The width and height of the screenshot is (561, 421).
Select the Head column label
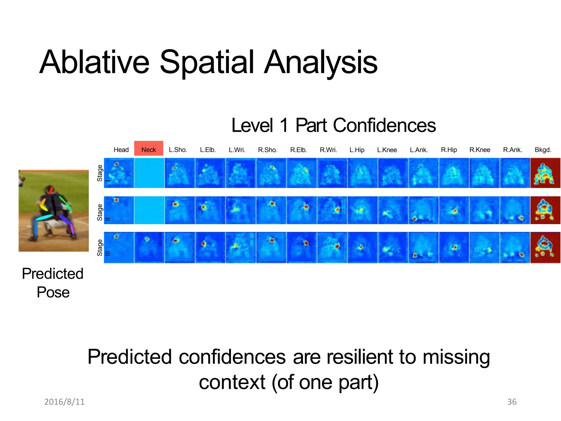pos(121,150)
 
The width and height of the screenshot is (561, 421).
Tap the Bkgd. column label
pos(543,150)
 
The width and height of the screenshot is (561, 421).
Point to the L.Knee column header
pos(387,150)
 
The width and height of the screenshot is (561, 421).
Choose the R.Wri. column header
pos(328,150)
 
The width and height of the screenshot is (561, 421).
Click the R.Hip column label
pos(449,150)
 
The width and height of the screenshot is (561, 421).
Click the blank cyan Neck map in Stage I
pos(149,173)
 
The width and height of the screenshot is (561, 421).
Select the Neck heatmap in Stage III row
pos(149,248)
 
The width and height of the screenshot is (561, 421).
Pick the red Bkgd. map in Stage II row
pos(545,210)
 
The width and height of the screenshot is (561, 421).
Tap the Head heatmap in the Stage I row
pos(119,173)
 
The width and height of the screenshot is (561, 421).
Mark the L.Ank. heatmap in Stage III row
pos(423,248)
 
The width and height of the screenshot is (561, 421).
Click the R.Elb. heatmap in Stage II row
pos(301,210)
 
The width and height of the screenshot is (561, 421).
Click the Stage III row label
pos(100,248)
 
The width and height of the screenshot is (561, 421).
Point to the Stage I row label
pos(100,173)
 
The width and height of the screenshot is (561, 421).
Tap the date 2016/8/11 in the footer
pos(64,402)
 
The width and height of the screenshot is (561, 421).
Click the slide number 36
pos(512,402)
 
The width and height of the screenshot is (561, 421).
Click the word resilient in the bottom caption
pos(360,357)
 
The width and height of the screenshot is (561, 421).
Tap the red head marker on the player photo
pos(51,189)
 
